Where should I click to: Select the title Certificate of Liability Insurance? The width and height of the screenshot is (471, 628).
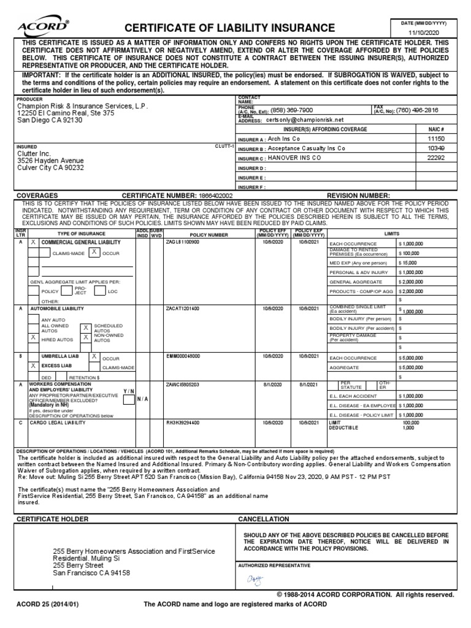click(x=230, y=28)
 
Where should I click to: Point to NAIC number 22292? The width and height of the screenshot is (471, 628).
click(x=435, y=158)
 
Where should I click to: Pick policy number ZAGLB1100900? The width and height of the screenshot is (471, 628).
click(x=183, y=242)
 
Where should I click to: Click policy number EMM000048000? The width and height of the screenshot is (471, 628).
click(x=183, y=356)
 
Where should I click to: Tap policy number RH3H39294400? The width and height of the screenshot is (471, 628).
click(x=183, y=423)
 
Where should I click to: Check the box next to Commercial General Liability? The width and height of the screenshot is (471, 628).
click(x=33, y=243)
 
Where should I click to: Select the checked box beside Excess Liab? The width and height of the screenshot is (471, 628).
click(x=33, y=366)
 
